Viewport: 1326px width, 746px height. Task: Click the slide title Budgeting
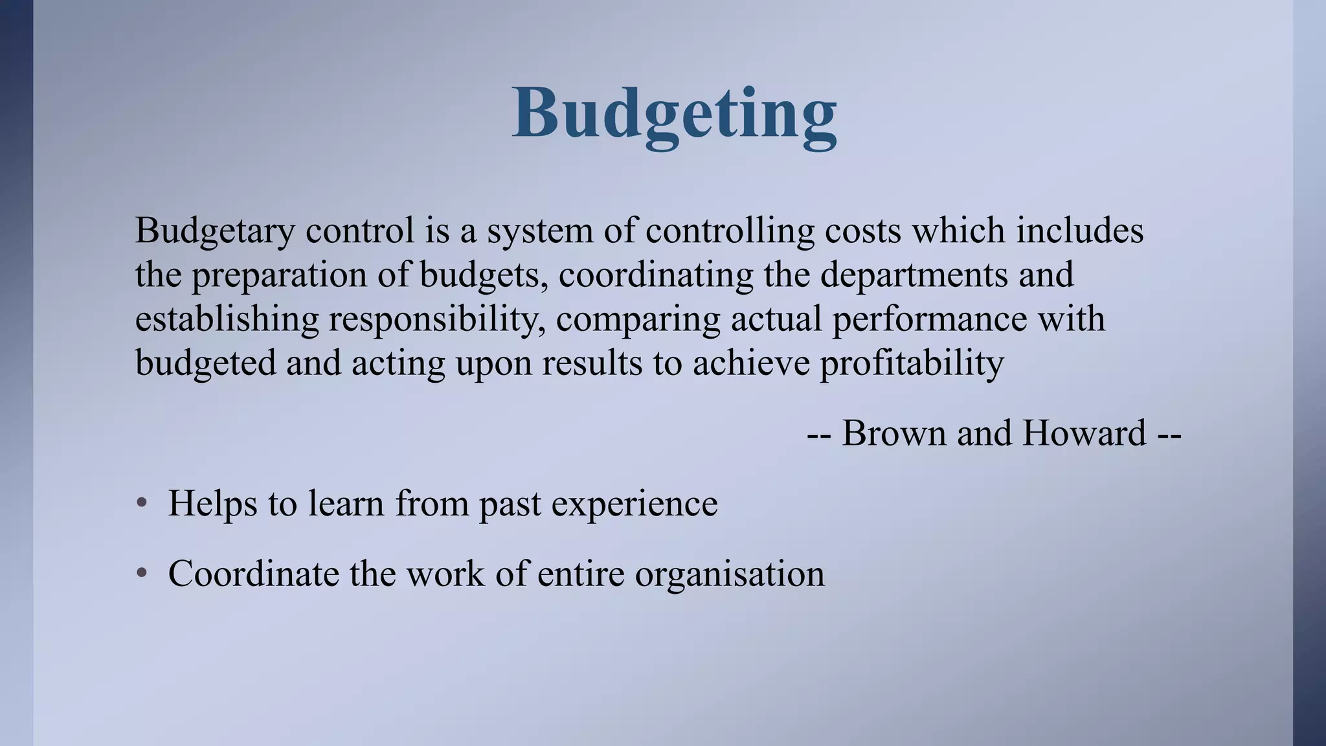(x=674, y=113)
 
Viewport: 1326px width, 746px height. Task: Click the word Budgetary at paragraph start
(x=214, y=231)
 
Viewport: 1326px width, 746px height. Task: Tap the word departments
(x=914, y=275)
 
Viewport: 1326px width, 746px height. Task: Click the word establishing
(x=227, y=319)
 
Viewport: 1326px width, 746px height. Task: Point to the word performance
(x=929, y=319)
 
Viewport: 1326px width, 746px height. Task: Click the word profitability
(x=912, y=363)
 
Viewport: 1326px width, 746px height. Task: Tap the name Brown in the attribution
(x=893, y=433)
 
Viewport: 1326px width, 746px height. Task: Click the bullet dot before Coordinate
(x=142, y=574)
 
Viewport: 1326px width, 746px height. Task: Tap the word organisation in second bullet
(x=729, y=574)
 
